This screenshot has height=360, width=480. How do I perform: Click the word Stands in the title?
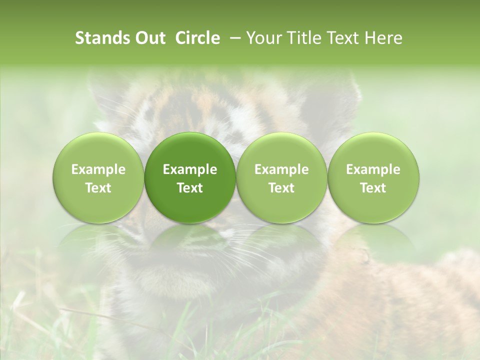(x=102, y=38)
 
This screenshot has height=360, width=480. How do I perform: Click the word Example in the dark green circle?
(x=190, y=169)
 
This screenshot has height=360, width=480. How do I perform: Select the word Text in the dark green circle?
(x=190, y=188)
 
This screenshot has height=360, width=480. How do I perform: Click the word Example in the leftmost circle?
(x=98, y=169)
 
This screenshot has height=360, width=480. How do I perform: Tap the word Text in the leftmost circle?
(x=98, y=188)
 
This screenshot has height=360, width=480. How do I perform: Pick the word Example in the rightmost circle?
(x=373, y=169)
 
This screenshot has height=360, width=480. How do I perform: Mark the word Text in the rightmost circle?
(x=373, y=188)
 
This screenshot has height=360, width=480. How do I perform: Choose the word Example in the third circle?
(x=281, y=169)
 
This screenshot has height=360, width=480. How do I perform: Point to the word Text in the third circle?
(x=281, y=188)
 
